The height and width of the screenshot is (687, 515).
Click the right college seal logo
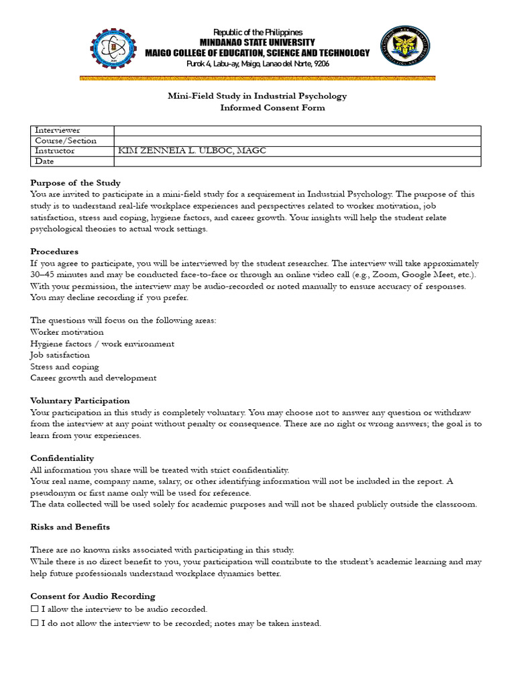pyautogui.click(x=402, y=48)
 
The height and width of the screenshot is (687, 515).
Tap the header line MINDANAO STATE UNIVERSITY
pyautogui.click(x=257, y=42)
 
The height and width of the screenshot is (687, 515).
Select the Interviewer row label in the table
pyautogui.click(x=58, y=130)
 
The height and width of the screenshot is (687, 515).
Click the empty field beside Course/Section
pyautogui.click(x=297, y=141)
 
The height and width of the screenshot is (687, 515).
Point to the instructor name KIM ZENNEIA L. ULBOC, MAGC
pyautogui.click(x=192, y=151)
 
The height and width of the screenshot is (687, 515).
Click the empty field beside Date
pyautogui.click(x=297, y=162)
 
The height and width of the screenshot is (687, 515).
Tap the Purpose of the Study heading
pyautogui.click(x=76, y=182)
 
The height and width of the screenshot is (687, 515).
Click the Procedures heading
pyautogui.click(x=55, y=252)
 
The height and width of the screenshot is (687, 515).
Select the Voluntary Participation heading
pyautogui.click(x=80, y=401)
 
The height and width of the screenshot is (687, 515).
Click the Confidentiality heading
pyautogui.click(x=62, y=458)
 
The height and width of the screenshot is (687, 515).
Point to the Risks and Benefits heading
pyautogui.click(x=70, y=527)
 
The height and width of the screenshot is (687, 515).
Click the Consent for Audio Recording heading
pyautogui.click(x=93, y=596)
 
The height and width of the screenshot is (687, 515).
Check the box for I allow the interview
pyautogui.click(x=35, y=609)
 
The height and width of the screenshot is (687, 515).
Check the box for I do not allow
pyautogui.click(x=35, y=623)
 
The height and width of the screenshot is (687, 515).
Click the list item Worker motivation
pyautogui.click(x=67, y=332)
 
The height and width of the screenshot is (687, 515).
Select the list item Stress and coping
pyautogui.click(x=64, y=367)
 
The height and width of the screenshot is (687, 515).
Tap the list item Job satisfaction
pyautogui.click(x=60, y=355)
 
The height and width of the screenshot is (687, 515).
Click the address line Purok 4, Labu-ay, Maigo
pyautogui.click(x=257, y=63)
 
